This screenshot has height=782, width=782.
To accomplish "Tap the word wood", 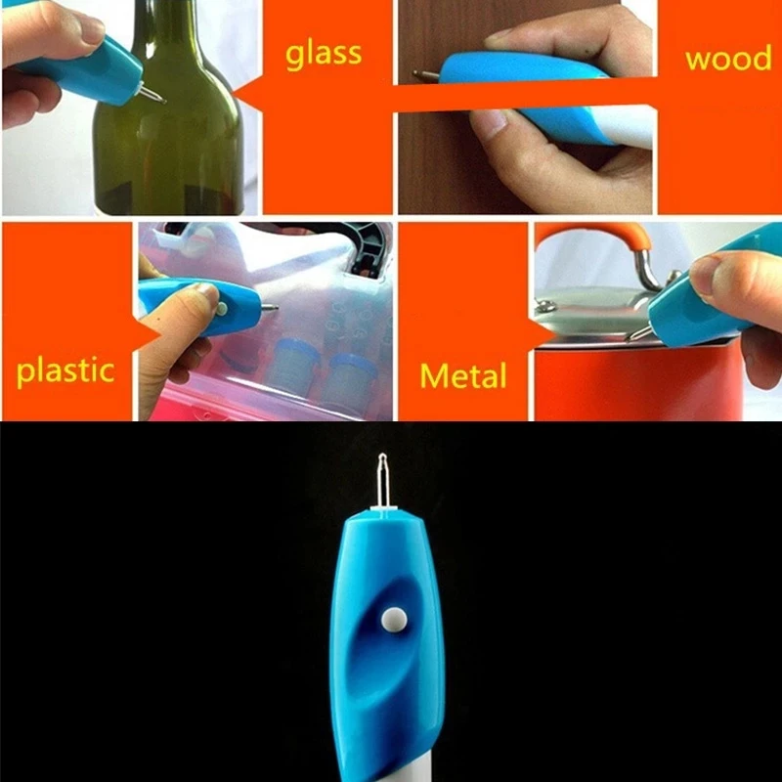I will [728, 58].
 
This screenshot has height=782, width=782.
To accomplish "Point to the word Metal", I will [463, 375].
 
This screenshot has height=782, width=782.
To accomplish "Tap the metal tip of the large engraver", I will [382, 480].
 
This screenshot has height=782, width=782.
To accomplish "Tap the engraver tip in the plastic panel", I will [271, 309].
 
